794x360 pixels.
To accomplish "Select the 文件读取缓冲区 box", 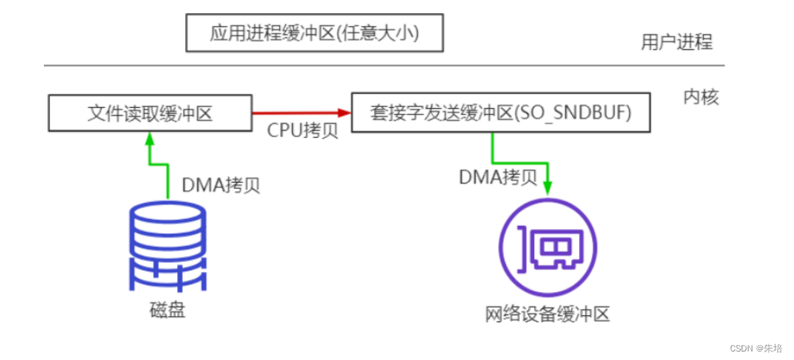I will tap(150, 114).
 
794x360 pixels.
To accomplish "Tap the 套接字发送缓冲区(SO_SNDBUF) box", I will tap(500, 114).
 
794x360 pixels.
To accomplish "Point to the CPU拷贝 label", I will tap(302, 131).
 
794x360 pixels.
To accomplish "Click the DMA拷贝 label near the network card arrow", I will tap(498, 177).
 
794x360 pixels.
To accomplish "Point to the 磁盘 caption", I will tap(167, 311).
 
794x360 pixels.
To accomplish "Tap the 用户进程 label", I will tap(676, 42).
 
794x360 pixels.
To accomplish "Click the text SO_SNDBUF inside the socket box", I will tap(590, 114).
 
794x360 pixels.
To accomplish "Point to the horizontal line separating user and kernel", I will tap(385, 66).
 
